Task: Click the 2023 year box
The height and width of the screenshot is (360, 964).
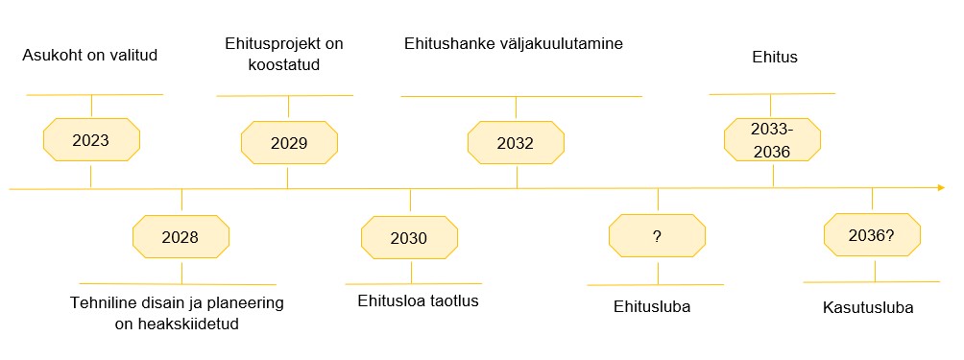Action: pos(91,141)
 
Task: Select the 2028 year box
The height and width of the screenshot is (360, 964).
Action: pos(181,237)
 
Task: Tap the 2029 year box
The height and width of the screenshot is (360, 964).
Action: pos(288,143)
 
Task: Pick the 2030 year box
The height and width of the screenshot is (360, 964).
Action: pos(409,238)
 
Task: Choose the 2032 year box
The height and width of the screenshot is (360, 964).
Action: pos(516,143)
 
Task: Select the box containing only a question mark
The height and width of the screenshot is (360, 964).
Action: pos(658,236)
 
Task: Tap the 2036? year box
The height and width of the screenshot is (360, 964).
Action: pos(872,235)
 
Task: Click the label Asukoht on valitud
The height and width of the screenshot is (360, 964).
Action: pos(89,56)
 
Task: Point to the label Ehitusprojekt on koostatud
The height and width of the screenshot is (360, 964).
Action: pos(283,55)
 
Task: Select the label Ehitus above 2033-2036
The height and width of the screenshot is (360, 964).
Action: pos(775,58)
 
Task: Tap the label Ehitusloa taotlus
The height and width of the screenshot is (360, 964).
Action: pos(418,300)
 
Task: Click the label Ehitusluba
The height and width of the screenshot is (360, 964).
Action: pos(653,307)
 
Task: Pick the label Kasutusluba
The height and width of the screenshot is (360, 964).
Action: pos(868,308)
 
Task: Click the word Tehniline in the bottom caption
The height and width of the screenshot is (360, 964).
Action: pos(102,303)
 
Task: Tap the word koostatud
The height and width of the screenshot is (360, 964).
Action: pos(283,65)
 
